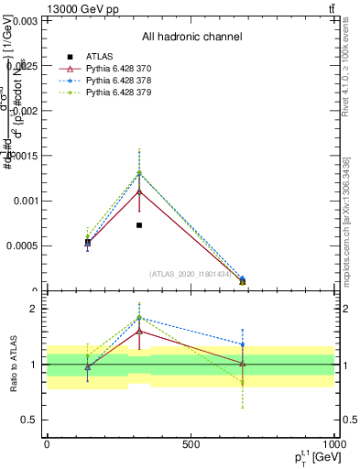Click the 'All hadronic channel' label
191,38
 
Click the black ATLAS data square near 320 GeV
139,225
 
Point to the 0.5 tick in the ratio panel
28,420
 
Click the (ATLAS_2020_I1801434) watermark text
191,274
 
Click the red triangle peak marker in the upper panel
139,191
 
